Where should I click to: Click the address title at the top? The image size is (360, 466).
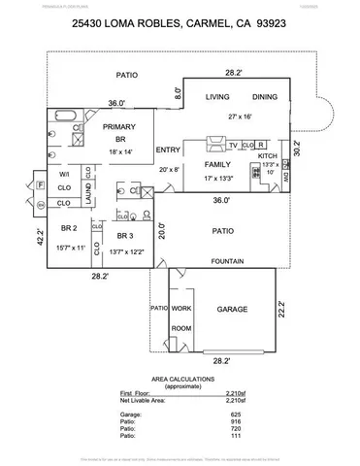(x=180, y=32)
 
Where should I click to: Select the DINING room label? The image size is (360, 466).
(x=265, y=98)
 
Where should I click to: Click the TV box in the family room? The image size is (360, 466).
(x=234, y=146)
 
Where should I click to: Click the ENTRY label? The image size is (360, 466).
(x=168, y=150)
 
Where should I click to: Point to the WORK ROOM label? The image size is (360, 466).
(x=181, y=317)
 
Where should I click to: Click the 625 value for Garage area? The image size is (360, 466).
(x=221, y=415)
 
